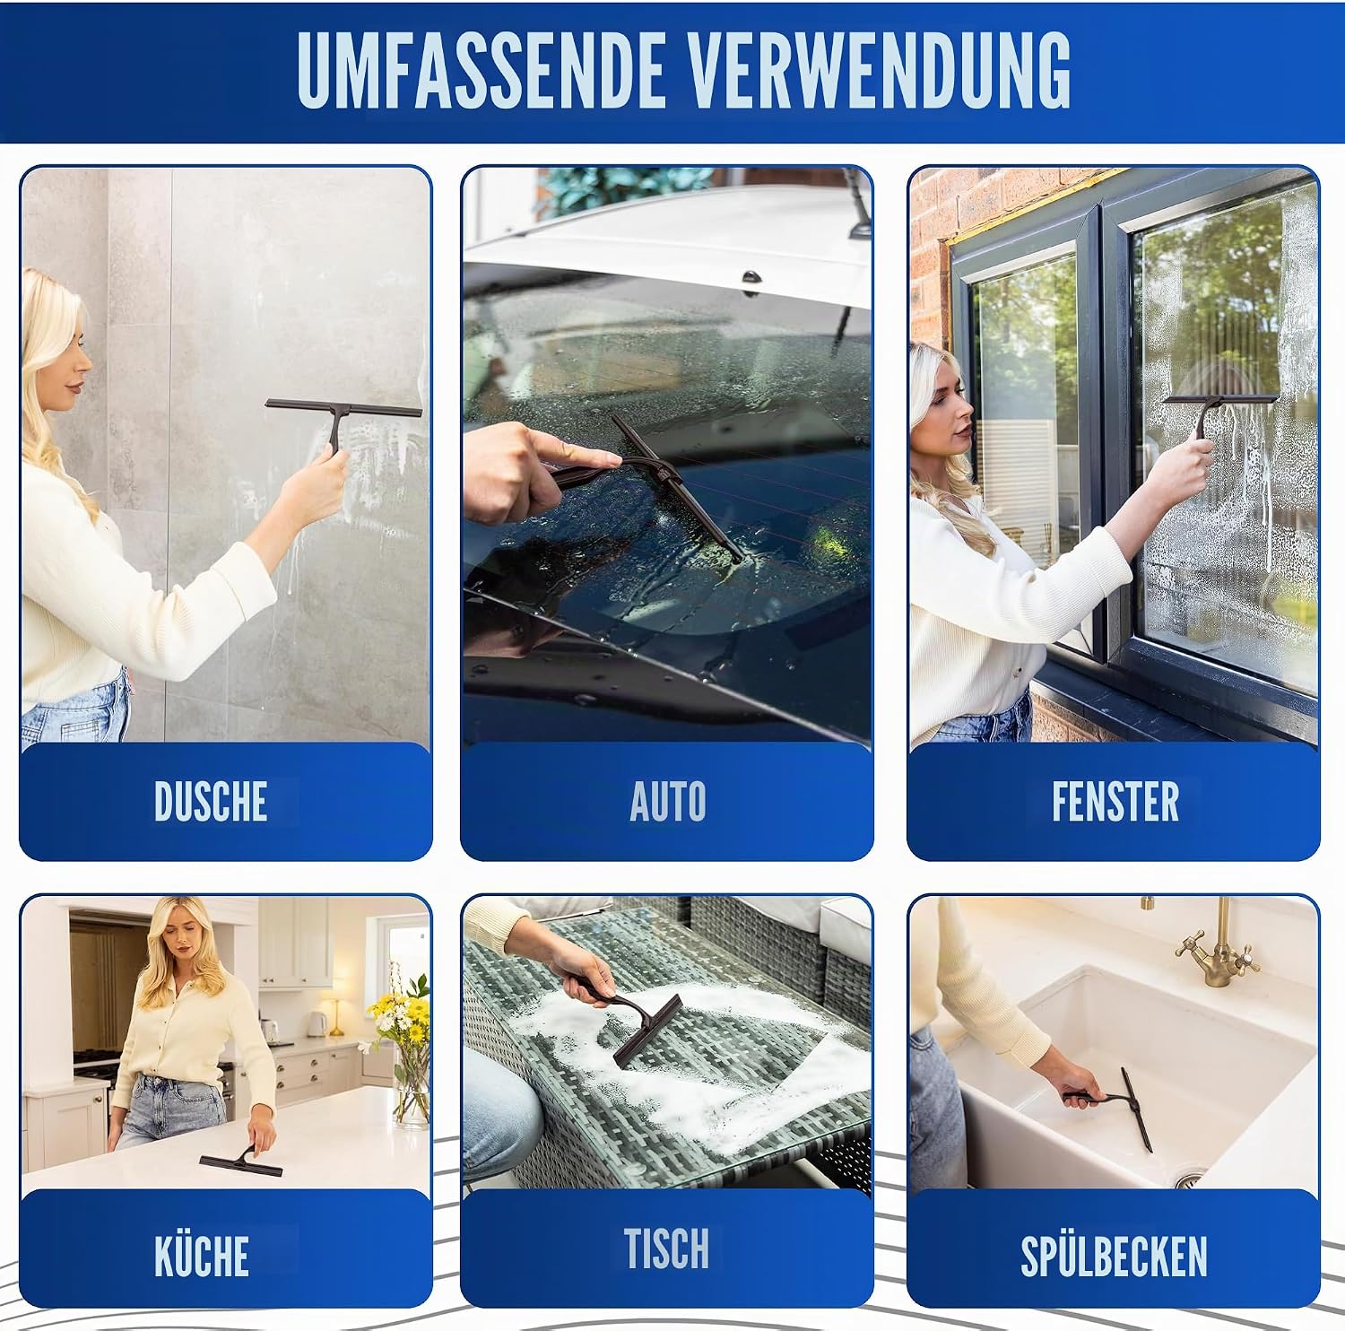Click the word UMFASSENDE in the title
point(481,71)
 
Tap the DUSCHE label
point(211,801)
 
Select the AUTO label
point(668,801)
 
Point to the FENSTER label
point(1115,801)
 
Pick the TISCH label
point(666,1248)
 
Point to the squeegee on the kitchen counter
point(241,1162)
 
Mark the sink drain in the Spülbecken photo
point(1188,1177)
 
